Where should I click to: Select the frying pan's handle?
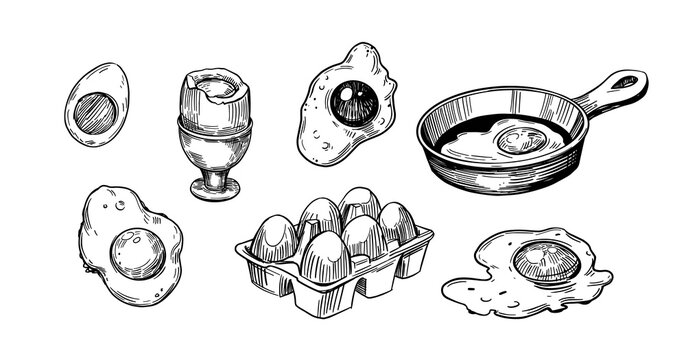coord(605,92)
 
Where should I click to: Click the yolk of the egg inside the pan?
coord(521,138)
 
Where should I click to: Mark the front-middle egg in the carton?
coord(325,256)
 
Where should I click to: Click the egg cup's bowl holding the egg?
coord(214,140)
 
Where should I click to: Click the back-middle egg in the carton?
coord(359,204)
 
